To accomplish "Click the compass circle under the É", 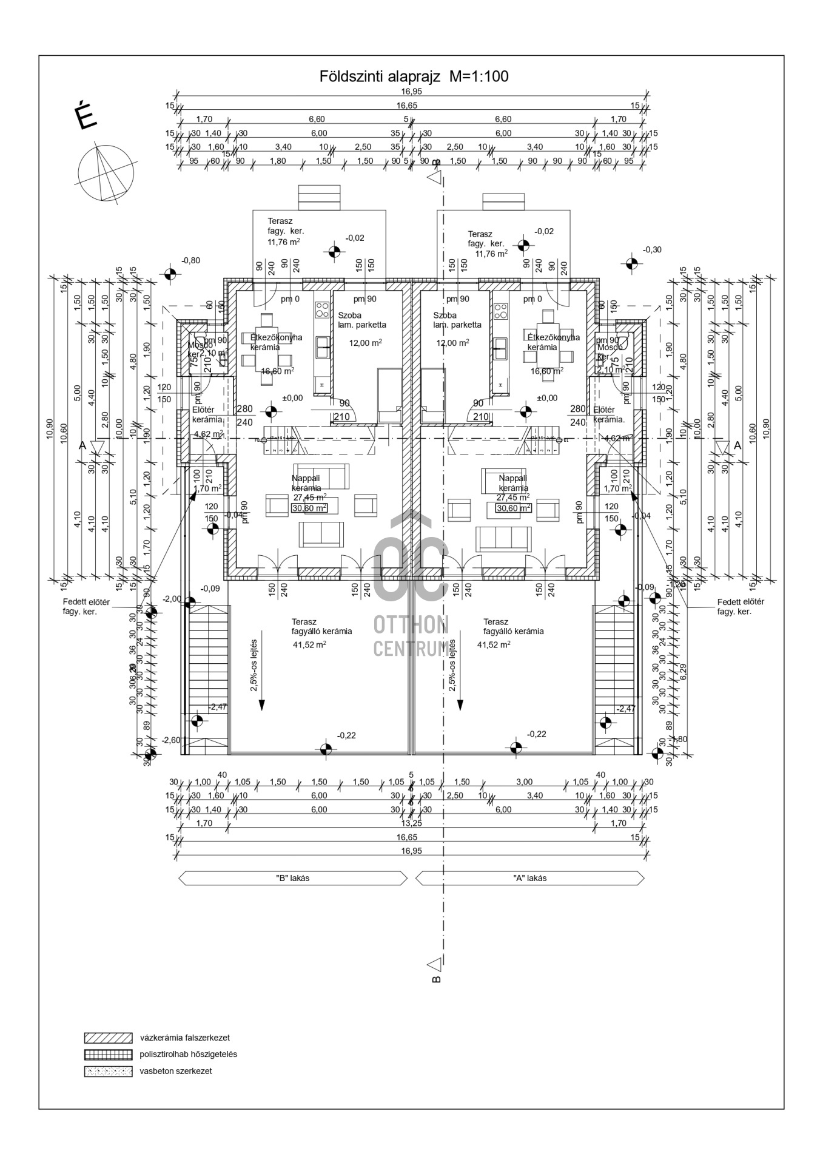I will pos(106,172).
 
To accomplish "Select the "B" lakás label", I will pos(292,878).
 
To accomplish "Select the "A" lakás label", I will pos(529,878).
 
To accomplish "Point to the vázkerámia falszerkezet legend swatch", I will pos(108,1038).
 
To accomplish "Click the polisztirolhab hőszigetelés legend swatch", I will pos(108,1055).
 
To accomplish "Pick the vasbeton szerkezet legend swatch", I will pos(108,1071).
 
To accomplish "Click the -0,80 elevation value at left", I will pos(190,260).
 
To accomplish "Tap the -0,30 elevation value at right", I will pos(653,249).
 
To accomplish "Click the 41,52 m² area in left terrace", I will pos(309,645).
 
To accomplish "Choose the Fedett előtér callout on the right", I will pos(741,607).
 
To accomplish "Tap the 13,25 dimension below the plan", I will pos(411,823).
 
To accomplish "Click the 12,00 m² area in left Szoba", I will pos(365,343).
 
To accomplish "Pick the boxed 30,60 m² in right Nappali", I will pos(513,508).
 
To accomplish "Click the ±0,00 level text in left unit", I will pos(292,398).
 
